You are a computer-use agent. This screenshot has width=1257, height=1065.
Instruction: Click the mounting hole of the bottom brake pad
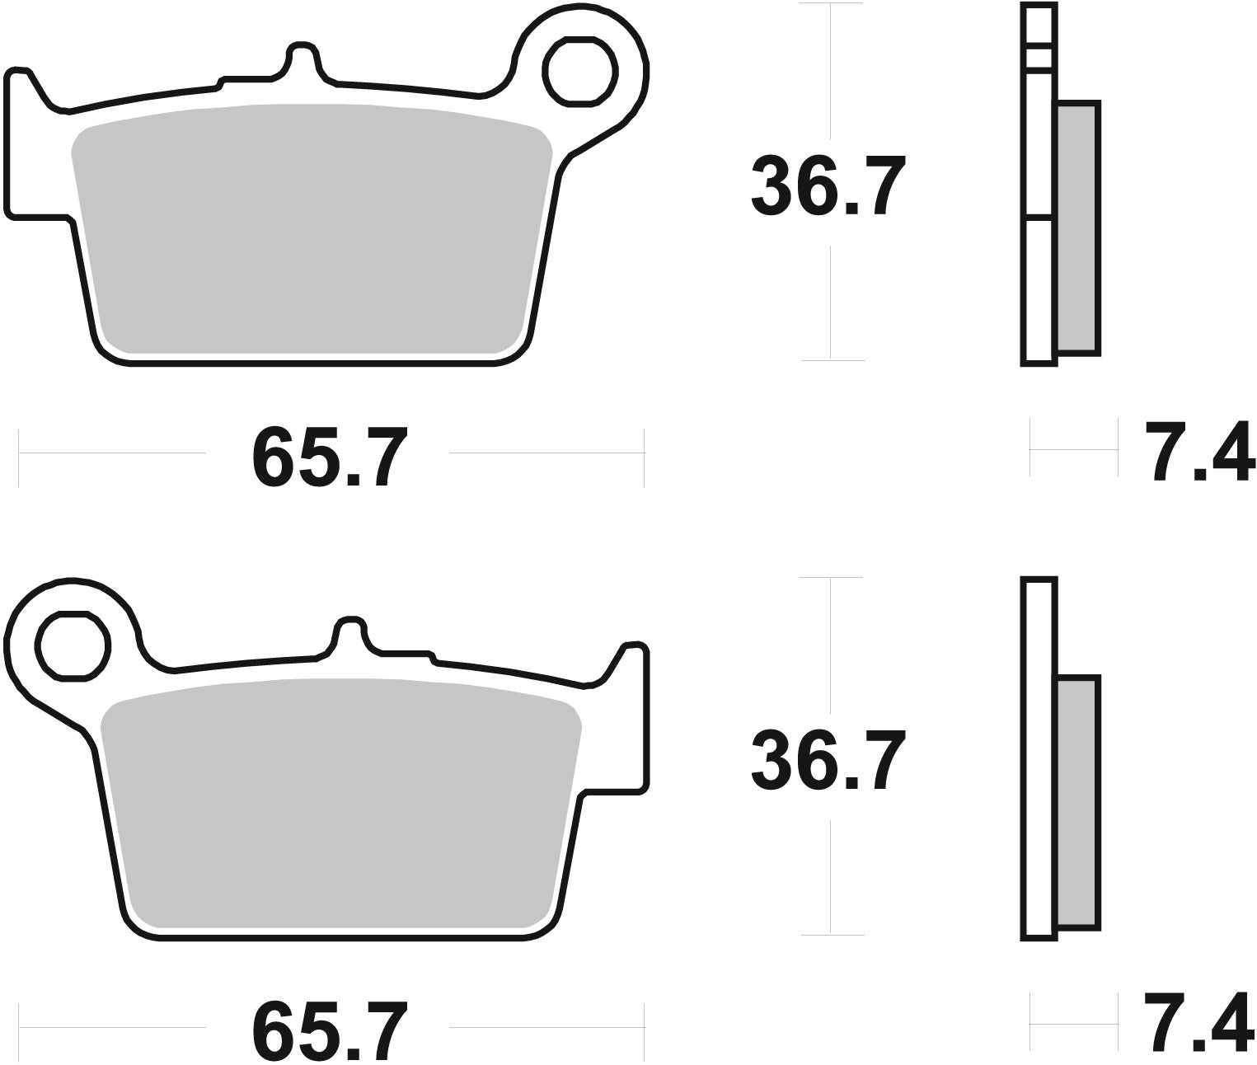[x=73, y=645]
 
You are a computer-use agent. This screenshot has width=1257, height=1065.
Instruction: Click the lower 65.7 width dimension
[x=329, y=1030]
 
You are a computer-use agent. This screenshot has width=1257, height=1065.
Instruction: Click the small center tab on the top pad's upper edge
[x=303, y=58]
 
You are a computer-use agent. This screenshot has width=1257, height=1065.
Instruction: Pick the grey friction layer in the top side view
[x=1078, y=228]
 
